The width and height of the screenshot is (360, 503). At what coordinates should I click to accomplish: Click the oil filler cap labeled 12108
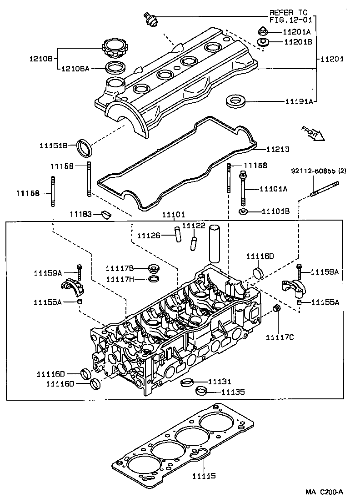115,48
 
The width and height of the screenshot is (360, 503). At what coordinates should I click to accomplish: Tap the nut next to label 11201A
263,31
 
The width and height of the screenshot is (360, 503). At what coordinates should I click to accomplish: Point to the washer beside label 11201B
263,42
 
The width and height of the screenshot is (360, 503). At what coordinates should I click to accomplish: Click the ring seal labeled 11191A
236,101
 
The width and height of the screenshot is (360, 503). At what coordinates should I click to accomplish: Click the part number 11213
277,149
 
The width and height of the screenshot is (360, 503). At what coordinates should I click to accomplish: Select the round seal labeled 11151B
85,147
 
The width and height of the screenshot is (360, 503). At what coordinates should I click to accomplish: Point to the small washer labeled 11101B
243,211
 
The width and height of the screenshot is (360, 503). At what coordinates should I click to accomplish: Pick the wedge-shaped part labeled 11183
106,214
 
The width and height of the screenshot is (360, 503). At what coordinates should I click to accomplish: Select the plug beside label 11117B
155,268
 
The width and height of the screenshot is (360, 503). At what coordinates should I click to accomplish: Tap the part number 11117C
280,337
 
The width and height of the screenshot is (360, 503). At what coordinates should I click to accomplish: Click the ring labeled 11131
186,382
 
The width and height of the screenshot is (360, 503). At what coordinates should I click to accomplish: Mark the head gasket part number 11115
203,476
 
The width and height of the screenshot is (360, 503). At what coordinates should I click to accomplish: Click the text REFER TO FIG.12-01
288,16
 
